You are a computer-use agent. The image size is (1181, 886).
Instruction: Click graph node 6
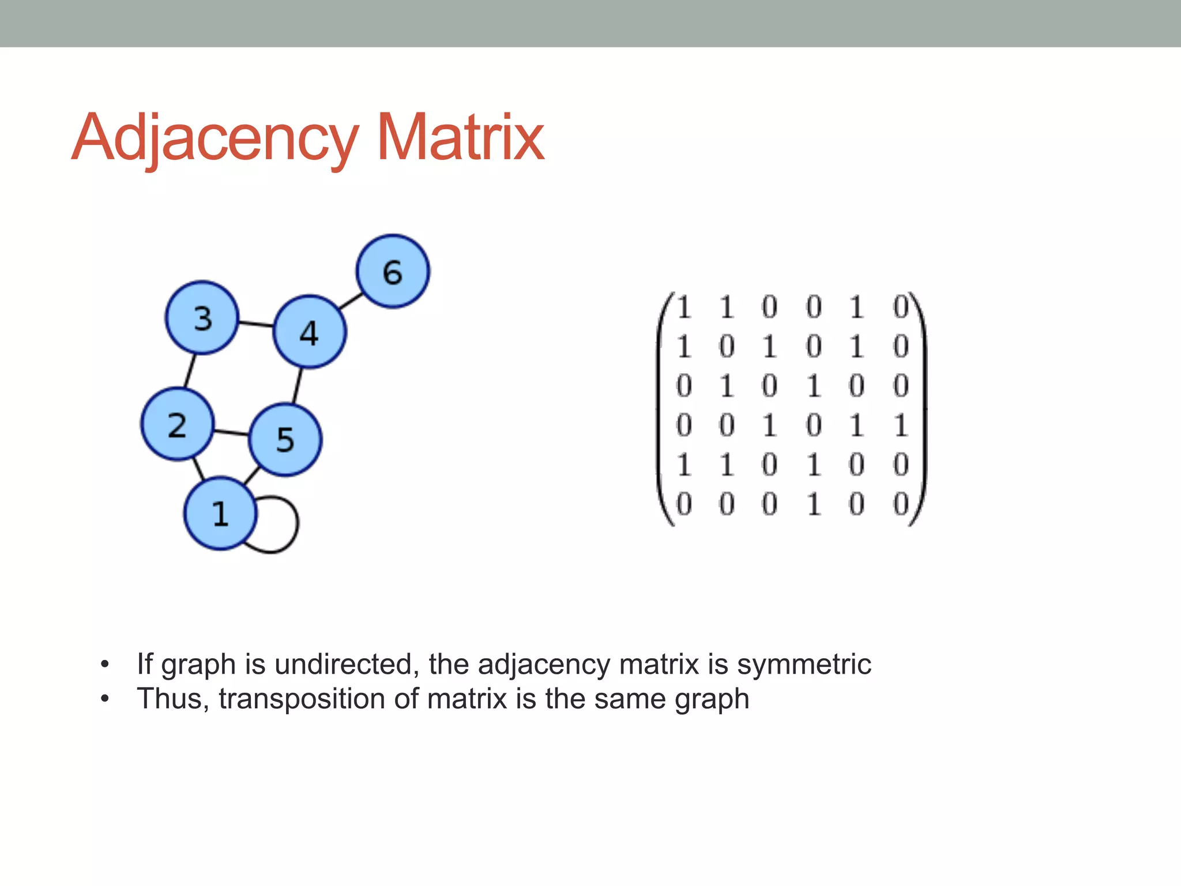pos(393,271)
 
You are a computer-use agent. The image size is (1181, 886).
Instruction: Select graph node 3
pos(202,318)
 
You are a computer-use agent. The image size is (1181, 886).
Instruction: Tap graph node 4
pos(310,332)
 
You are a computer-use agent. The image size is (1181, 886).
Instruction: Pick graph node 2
pos(178,425)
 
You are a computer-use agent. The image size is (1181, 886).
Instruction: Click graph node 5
pos(285,440)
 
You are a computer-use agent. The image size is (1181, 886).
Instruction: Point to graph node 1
pos(220,513)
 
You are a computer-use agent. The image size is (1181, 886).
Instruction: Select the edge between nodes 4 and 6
pos(350,301)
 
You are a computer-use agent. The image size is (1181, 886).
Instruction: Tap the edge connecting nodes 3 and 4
pos(255,324)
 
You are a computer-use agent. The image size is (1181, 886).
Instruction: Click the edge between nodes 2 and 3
pos(190,371)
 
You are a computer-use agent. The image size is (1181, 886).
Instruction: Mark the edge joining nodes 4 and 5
pos(298,385)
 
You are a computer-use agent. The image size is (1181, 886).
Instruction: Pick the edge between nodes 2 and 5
pos(231,431)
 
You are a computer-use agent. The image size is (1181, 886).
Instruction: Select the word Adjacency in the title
pos(215,138)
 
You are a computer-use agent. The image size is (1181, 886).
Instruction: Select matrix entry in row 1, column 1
pos(684,307)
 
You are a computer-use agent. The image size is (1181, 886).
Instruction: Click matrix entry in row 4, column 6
pos(901,426)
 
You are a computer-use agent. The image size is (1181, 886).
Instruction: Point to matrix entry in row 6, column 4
pos(814,505)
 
